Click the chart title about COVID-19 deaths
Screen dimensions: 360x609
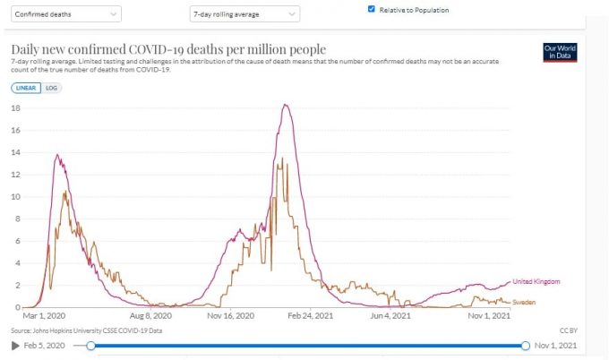point(168,48)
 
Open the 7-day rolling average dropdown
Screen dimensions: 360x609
point(244,14)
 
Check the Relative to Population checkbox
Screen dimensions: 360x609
point(372,10)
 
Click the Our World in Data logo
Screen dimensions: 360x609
point(561,53)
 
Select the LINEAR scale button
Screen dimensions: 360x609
point(24,88)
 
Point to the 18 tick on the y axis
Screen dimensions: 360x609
point(14,108)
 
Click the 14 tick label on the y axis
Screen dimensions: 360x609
point(14,152)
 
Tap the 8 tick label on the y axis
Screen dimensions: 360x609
point(17,219)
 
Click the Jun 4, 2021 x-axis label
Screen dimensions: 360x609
point(392,316)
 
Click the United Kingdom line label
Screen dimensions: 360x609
point(536,281)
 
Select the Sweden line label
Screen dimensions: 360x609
point(523,303)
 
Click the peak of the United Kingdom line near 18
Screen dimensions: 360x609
point(285,106)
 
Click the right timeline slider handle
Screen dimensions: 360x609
point(526,346)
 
